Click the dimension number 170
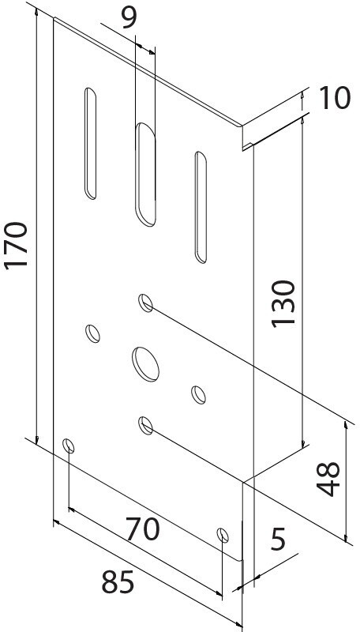pos(16,245)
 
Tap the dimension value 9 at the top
pos(129,17)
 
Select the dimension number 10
pos(335,98)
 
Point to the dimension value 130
pos(283,304)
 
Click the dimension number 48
pos(328,479)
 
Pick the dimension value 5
pos(278,539)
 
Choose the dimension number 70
pos(143,529)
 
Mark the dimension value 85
pos(118,582)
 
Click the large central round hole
pos(145,364)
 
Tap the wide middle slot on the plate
pos(145,175)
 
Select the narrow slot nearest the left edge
pos(90,144)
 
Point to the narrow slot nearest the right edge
pos(201,207)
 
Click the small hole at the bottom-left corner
pos(69,446)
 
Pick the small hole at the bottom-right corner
pos(223,535)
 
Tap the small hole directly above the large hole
pos(146,303)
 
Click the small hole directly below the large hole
pos(146,426)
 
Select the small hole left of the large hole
pos(93,333)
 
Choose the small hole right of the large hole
pos(198,394)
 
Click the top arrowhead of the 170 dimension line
pos(37,12)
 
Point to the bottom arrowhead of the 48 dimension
pos(346,538)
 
